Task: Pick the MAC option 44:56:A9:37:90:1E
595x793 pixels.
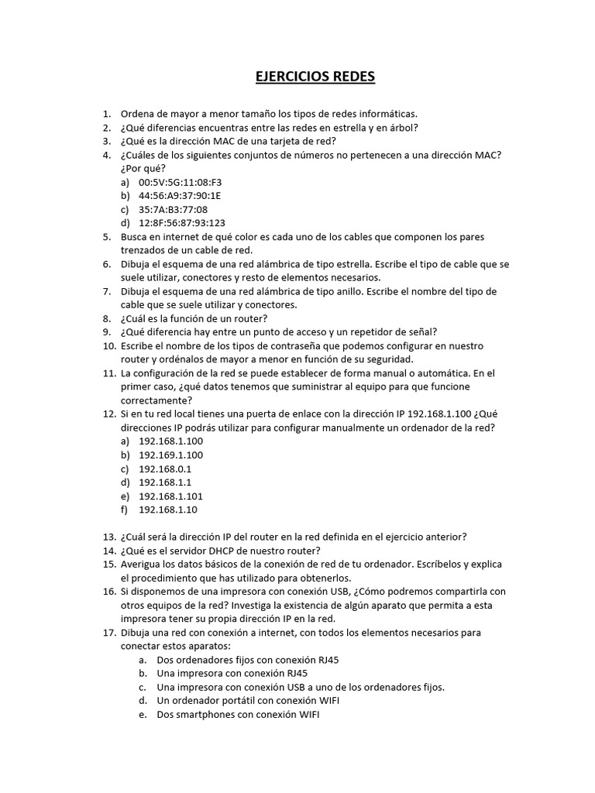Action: [x=180, y=195]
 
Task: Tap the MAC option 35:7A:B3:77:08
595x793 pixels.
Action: [x=173, y=209]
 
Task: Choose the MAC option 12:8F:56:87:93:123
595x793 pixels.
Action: [x=182, y=223]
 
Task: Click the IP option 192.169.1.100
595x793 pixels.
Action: [x=170, y=455]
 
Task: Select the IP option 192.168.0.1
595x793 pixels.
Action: [x=164, y=469]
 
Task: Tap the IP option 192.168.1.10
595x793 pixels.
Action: [x=168, y=510]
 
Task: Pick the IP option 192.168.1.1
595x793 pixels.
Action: [x=164, y=482]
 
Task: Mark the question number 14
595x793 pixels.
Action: [x=108, y=551]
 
